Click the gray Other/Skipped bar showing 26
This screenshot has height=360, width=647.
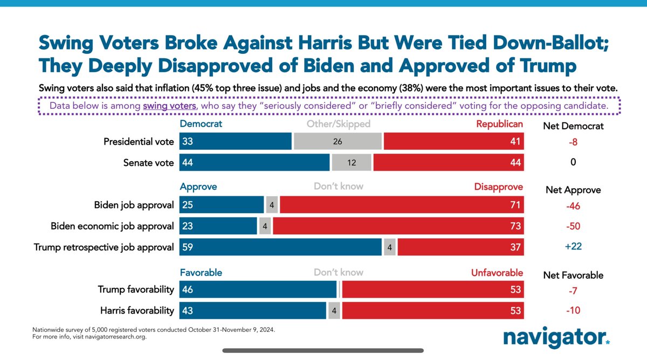tap(337, 142)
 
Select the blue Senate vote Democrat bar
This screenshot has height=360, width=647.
tap(254, 162)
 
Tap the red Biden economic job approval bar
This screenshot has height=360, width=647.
tap(398, 226)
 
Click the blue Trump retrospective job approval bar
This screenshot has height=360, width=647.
tap(280, 247)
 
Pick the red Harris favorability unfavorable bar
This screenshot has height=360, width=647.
tap(432, 310)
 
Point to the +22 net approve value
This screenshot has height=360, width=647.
tap(573, 247)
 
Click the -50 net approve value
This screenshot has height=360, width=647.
tap(573, 226)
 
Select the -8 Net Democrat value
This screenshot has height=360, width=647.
tap(573, 142)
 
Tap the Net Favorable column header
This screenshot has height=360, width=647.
tap(573, 275)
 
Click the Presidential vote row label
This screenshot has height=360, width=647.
tap(139, 142)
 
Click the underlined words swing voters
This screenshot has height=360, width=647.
tap(169, 106)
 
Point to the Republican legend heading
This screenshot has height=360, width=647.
tap(499, 124)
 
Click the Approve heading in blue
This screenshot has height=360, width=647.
tap(198, 186)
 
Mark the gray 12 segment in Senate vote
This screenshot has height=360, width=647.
tap(351, 162)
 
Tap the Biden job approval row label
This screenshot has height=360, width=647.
tap(134, 205)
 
